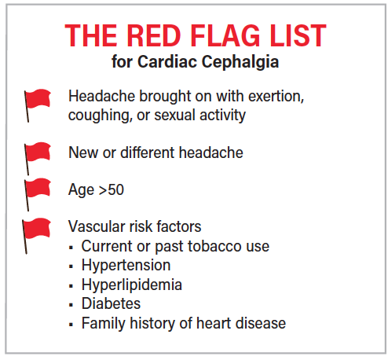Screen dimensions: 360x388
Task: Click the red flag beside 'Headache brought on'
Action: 36,101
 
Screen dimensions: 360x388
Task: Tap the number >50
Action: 112,189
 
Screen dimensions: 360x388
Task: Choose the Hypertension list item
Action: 126,265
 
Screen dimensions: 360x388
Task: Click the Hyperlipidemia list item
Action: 130,285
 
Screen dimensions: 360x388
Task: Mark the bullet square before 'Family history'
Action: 72,324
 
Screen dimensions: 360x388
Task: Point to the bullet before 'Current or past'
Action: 72,247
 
